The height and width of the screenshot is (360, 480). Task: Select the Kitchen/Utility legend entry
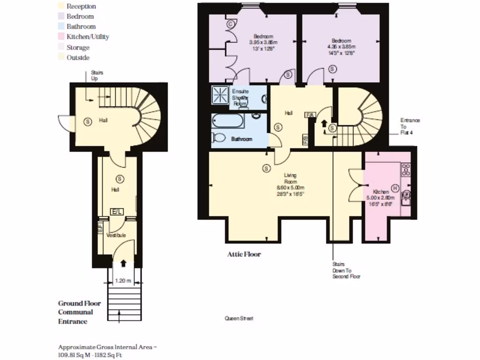[88, 37]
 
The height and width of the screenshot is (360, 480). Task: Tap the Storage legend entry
[78, 47]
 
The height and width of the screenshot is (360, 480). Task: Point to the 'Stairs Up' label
[97, 75]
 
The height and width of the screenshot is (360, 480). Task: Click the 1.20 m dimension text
[122, 281]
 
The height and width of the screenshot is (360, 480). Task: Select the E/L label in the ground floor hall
[116, 212]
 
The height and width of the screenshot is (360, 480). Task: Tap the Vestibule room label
[116, 235]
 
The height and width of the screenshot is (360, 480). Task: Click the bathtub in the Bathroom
[228, 122]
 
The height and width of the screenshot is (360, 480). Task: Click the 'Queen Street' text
[239, 318]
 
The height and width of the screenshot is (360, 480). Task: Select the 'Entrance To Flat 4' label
[410, 127]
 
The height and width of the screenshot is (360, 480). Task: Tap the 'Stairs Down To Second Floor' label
[346, 270]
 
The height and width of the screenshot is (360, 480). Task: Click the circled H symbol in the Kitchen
[395, 188]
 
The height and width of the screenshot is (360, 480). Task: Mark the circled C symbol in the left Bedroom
[231, 24]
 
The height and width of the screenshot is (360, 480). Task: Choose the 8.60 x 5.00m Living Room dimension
[290, 187]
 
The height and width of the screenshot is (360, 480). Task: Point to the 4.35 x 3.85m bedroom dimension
[342, 47]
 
